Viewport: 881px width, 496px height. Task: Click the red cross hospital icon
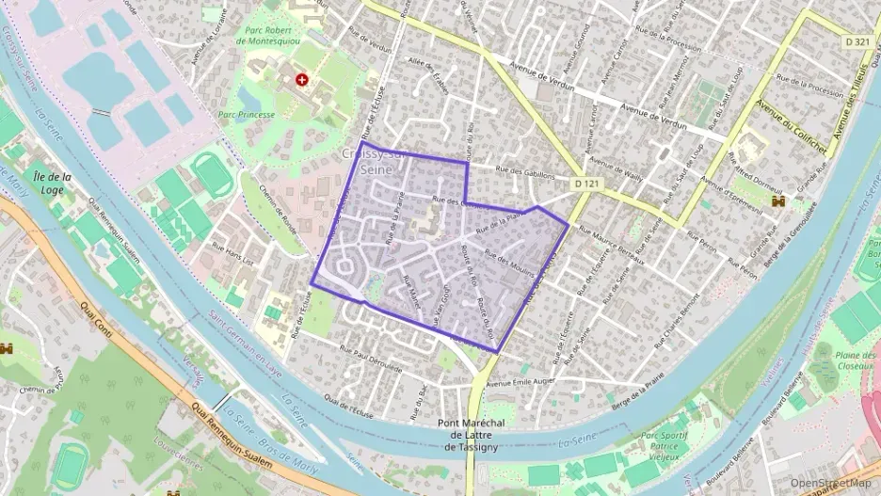click(301, 80)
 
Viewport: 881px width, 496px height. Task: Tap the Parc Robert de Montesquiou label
click(279, 35)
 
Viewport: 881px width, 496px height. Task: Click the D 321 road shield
click(857, 41)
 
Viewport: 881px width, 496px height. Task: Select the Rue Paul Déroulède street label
click(365, 356)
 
